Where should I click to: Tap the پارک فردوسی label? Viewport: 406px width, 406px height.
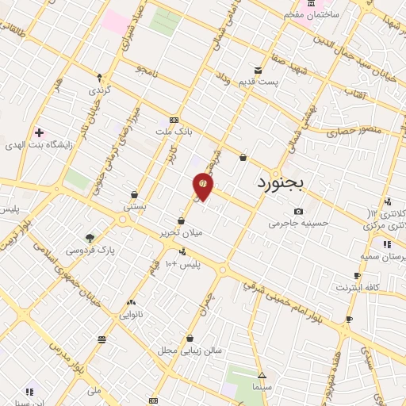click(x=90, y=251)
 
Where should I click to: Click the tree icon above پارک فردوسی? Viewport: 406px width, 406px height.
click(x=90, y=237)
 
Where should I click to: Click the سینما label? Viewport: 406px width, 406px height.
click(x=262, y=388)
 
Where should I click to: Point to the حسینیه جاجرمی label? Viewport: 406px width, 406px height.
click(x=297, y=224)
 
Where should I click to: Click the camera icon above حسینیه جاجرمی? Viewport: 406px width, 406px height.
click(x=298, y=211)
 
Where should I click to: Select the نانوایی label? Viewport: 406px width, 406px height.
click(x=132, y=315)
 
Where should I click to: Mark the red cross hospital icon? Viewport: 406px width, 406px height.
click(x=39, y=132)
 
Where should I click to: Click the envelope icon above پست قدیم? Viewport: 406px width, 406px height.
click(x=258, y=70)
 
